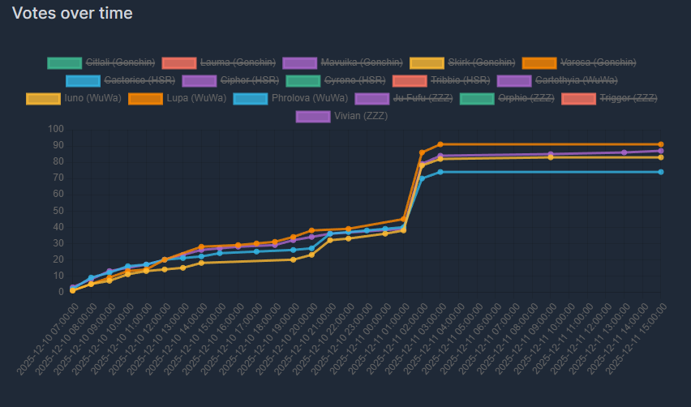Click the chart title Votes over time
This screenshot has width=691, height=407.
click(72, 13)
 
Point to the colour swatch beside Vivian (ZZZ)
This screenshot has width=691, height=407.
click(313, 116)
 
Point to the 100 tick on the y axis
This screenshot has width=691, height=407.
click(55, 129)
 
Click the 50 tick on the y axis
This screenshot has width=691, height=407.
click(58, 211)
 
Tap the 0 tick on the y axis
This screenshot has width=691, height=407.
click(60, 292)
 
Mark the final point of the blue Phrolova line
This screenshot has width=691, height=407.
click(661, 172)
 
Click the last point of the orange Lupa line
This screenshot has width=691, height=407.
click(661, 144)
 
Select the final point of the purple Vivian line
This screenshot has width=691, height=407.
click(661, 151)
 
